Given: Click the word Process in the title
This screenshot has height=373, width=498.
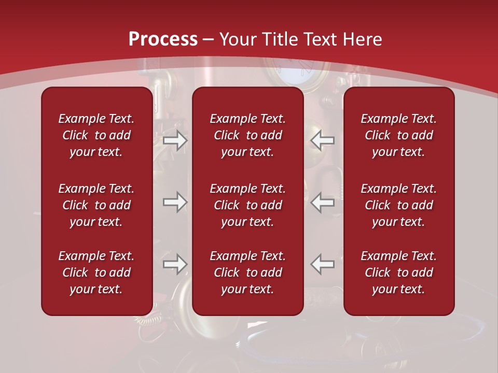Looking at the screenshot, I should [x=163, y=39].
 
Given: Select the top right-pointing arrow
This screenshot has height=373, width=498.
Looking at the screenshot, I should [x=175, y=141].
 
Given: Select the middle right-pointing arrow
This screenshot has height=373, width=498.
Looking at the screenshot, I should [x=175, y=202].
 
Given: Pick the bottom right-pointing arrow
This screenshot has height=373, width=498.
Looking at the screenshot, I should [x=175, y=264].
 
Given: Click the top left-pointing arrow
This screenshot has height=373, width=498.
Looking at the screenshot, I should [x=322, y=141].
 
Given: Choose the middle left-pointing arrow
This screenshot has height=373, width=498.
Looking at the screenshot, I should [x=322, y=202].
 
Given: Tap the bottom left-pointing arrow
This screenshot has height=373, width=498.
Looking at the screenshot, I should [x=322, y=264].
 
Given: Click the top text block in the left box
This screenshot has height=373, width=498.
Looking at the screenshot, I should [x=96, y=135].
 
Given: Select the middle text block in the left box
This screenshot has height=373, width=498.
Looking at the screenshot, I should [x=96, y=205].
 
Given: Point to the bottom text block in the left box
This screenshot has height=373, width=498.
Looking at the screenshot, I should [x=96, y=272].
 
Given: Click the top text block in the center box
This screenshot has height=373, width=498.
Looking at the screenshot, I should [x=247, y=135].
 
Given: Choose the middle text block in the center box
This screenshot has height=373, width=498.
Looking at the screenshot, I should [x=247, y=205].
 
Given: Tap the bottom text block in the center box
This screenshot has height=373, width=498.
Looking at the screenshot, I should [x=247, y=272].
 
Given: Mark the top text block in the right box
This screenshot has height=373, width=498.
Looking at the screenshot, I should [x=398, y=135].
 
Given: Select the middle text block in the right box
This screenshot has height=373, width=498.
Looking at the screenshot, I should [x=398, y=205].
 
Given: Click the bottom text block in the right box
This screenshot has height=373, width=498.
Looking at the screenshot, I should [x=398, y=272].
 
